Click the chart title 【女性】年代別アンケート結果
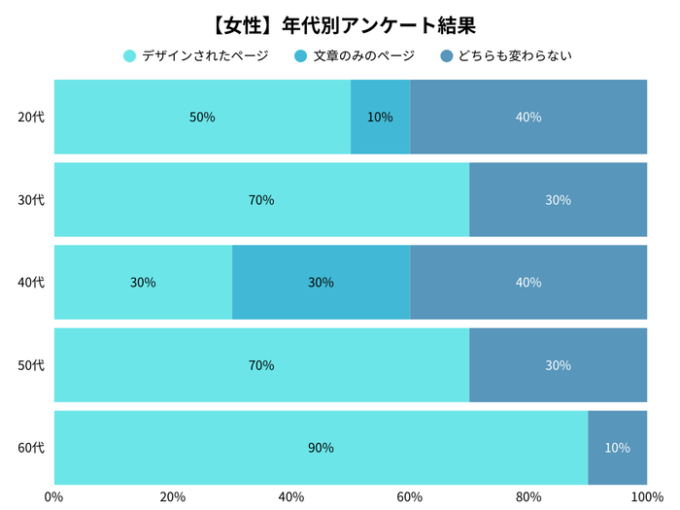[339, 21]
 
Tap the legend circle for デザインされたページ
[129, 56]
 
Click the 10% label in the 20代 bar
[380, 118]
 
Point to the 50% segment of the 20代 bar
[202, 118]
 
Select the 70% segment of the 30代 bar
[261, 200]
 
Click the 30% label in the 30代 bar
[558, 200]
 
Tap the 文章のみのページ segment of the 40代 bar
[321, 283]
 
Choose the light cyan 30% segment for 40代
[143, 283]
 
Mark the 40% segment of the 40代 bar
[527, 283]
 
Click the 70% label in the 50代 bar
[261, 365]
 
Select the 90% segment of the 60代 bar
[321, 448]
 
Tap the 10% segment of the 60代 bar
[617, 448]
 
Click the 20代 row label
[31, 118]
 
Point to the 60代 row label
[31, 448]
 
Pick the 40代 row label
[31, 283]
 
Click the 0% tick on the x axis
[54, 497]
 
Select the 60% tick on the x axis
[410, 497]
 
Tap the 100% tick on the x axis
[646, 497]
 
